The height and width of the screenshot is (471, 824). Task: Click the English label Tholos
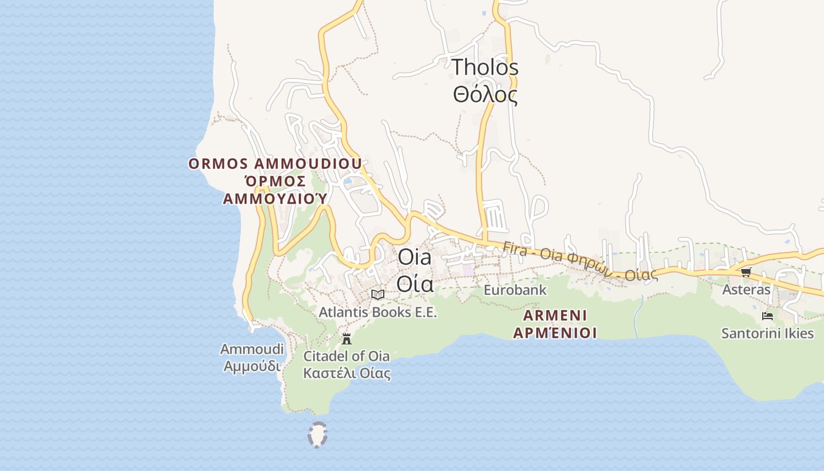pos(485,67)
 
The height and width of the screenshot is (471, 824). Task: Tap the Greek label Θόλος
pos(485,94)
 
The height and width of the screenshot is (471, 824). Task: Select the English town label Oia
pos(414,257)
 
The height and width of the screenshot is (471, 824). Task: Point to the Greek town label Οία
pos(414,284)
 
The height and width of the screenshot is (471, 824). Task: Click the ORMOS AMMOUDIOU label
pos(275,164)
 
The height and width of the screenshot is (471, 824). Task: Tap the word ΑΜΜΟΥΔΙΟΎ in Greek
pos(274,198)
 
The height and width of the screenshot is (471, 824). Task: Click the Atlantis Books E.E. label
pos(378,312)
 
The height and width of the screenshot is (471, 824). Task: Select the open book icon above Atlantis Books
pos(378,294)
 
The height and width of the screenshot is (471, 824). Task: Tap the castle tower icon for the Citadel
pos(347,339)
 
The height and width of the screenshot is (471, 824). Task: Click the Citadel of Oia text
pos(346,356)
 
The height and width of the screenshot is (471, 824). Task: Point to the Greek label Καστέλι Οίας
pos(346,373)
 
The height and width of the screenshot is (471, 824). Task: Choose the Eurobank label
pos(515,290)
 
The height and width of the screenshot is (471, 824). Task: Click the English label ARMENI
pos(555,315)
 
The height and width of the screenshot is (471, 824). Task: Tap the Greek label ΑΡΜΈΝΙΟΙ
pos(555,333)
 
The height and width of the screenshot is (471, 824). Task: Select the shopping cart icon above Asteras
pos(746,272)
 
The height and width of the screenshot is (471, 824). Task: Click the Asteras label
pos(746,290)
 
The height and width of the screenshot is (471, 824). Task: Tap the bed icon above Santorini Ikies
pos(767,316)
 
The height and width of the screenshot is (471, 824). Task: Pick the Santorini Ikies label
pos(767,333)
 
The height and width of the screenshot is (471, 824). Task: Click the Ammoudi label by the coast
pos(252,349)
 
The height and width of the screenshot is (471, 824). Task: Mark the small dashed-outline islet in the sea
pos(317,435)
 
